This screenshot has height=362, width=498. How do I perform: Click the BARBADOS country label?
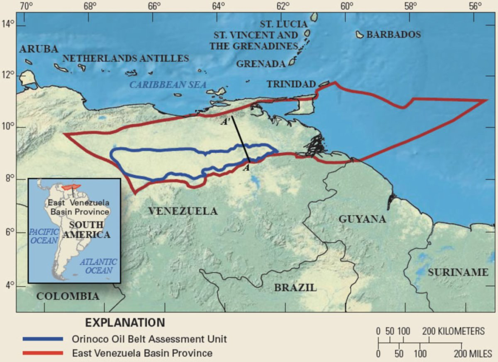pyautogui.click(x=393, y=35)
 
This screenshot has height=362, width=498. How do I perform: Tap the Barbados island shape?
pyautogui.click(x=360, y=35)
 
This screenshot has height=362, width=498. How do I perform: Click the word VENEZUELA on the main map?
pyautogui.click(x=183, y=211)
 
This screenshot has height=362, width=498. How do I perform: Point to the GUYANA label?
pyautogui.click(x=362, y=219)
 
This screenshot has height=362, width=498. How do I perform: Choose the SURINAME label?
pyautogui.click(x=458, y=272)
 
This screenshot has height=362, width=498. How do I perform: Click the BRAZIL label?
pyautogui.click(x=295, y=288)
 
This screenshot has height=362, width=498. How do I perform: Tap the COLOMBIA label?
pyautogui.click(x=68, y=296)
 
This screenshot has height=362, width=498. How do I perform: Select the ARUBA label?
pyautogui.click(x=39, y=49)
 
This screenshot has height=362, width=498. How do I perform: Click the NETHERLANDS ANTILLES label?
pyautogui.click(x=125, y=58)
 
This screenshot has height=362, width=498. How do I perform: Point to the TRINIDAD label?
pyautogui.click(x=291, y=84)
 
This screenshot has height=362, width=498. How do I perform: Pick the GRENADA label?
pyautogui.click(x=260, y=64)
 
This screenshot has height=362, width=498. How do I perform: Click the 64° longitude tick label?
pyautogui.click(x=218, y=6)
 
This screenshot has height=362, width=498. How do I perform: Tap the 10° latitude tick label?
pyautogui.click(x=8, y=127)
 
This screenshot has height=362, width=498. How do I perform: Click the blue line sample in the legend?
pyautogui.click(x=43, y=339)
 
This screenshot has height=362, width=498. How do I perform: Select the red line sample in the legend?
pyautogui.click(x=43, y=353)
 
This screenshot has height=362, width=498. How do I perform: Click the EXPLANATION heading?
pyautogui.click(x=125, y=323)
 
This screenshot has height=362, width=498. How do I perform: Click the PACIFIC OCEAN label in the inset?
pyautogui.click(x=43, y=236)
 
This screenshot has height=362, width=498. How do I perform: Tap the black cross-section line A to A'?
pyautogui.click(x=241, y=139)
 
